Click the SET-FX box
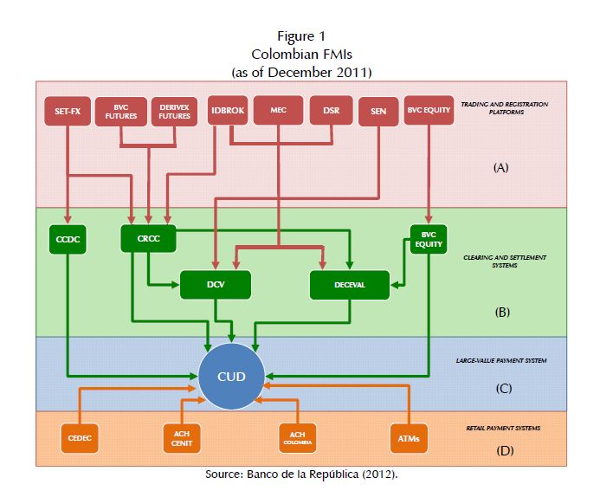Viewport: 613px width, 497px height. tap(68, 111)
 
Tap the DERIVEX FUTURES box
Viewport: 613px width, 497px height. tap(174, 111)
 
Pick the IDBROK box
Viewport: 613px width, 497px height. tap(229, 111)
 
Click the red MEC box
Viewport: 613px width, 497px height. tap(278, 111)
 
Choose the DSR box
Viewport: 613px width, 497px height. tap(331, 111)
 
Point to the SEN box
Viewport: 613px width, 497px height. tap(377, 111)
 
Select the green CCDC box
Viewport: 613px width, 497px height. tap(68, 238)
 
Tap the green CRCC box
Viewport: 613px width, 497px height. tap(148, 238)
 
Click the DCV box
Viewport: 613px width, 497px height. tap(215, 284)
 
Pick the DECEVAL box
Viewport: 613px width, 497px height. tap(350, 284)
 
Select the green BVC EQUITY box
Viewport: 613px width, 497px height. tap(429, 240)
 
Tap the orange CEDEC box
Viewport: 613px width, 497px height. tap(80, 439)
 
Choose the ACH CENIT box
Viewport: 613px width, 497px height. tap(182, 439)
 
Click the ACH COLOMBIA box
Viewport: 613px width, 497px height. tap(296, 439)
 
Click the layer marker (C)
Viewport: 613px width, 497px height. tap(503, 388)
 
